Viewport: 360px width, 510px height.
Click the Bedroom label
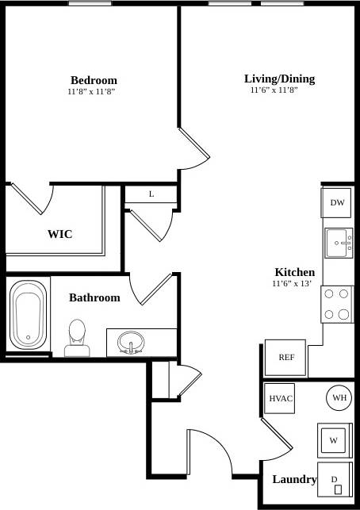pos(94,80)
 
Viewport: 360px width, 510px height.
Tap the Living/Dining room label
pos(279,79)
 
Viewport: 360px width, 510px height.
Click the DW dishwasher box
pos(337,203)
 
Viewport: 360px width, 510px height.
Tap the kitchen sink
pos(339,241)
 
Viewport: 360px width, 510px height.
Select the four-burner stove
pos(337,304)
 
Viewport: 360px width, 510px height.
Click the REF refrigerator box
pos(285,358)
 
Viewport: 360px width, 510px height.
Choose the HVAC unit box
pos(281,398)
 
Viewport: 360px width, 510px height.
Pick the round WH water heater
pos(339,398)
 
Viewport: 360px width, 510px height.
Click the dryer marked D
pos(335,480)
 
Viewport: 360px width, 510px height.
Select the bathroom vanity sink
pos(131,343)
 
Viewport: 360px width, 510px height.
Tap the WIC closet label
pos(60,234)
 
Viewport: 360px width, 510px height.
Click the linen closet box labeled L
pos(151,194)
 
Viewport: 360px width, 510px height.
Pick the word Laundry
pos(294,479)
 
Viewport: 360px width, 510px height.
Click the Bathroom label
pos(94,297)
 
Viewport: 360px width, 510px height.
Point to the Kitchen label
pos(294,271)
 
